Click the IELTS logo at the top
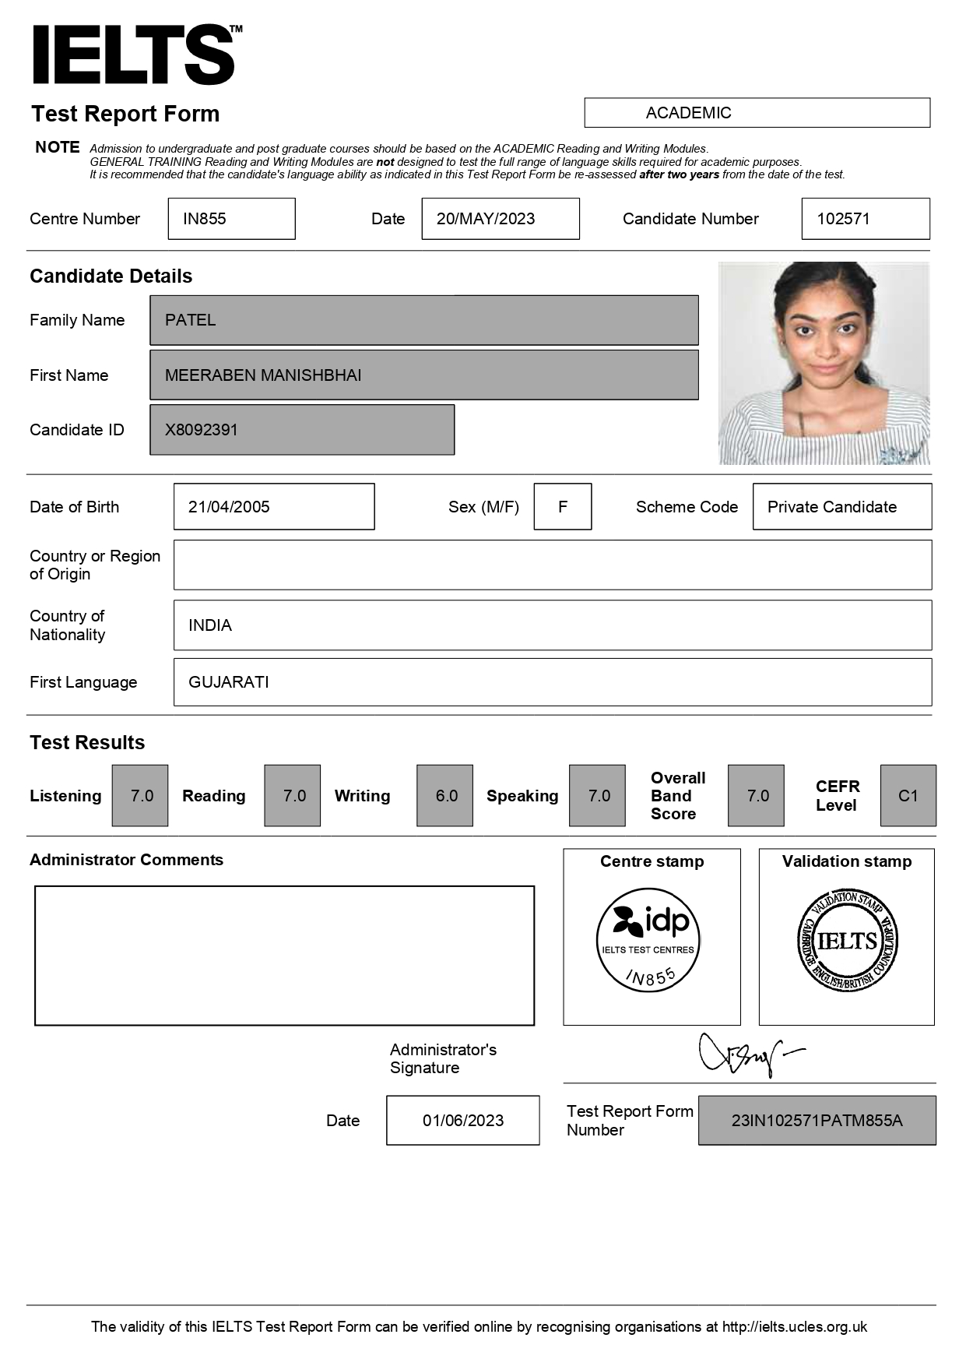click(134, 55)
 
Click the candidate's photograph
click(824, 364)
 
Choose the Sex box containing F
click(562, 507)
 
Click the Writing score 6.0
click(445, 796)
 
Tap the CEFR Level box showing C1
click(908, 796)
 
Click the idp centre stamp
click(648, 939)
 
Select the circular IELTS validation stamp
click(847, 941)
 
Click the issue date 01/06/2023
click(462, 1121)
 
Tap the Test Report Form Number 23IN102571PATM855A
click(817, 1121)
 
